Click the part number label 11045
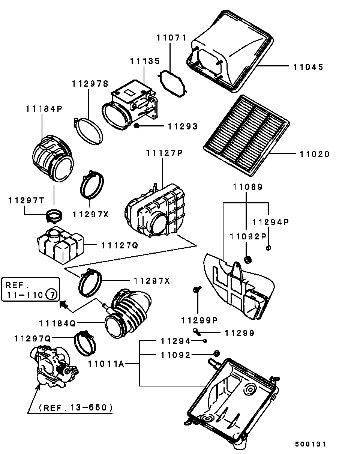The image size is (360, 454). coord(308,67)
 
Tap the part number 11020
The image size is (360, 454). coord(314,154)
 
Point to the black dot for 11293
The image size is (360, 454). coord(137,125)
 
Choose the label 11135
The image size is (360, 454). coord(145,61)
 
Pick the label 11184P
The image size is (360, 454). coord(44,109)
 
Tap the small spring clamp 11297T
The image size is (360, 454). coord(54,215)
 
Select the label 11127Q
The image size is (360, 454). coord(120,245)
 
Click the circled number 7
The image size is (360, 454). coord(52,295)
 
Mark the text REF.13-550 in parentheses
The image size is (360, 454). coord(75,407)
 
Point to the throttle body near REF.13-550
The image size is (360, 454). coord(55,364)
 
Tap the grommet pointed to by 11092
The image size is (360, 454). coord(216,353)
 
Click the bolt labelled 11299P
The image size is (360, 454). coord(196,289)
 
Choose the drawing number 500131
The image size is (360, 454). coord(310,444)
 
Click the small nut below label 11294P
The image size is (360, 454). coord(268,247)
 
